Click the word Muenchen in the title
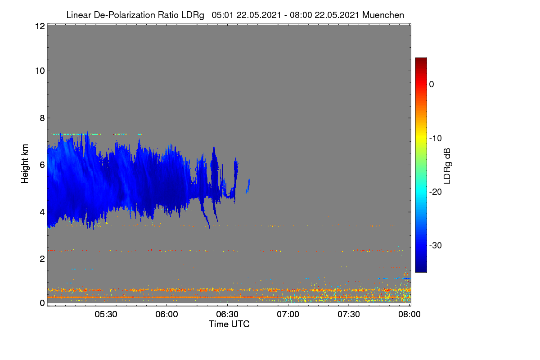pos(383,15)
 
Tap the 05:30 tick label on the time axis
pos(106,314)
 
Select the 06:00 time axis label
pos(166,314)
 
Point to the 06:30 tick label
pos(227,314)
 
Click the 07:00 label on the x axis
pos(288,314)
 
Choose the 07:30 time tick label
pos(349,314)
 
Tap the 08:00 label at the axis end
pos(409,314)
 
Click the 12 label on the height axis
pos(40,26)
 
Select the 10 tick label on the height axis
pos(40,71)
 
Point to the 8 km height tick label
pos(42,118)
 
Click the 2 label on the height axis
pos(42,259)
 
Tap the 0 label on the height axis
pos(42,303)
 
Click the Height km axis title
pos(25,164)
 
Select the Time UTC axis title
pos(229,324)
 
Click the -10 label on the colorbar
pos(436,139)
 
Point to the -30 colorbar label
pos(436,245)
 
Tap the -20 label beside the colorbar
pos(436,192)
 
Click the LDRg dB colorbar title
pos(447,166)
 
